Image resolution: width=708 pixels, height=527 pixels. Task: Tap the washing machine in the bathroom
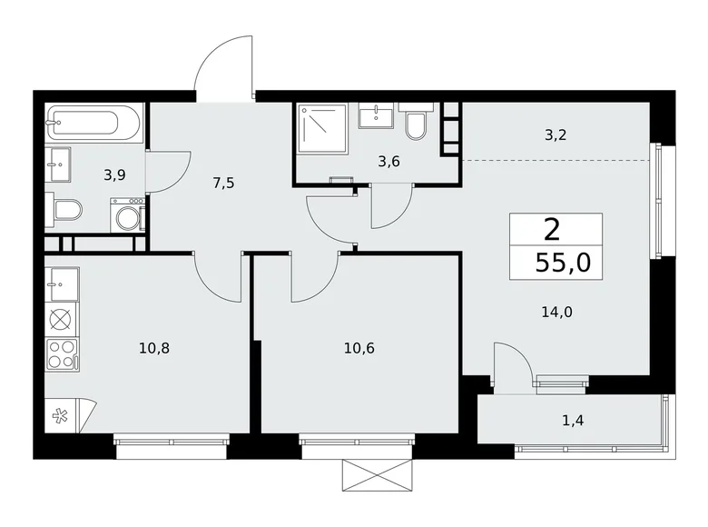coord(128,215)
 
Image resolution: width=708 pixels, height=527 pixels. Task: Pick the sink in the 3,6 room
coord(376,116)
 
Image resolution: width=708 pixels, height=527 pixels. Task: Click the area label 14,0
coord(557,312)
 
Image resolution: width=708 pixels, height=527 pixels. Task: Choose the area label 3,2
coord(556,135)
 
